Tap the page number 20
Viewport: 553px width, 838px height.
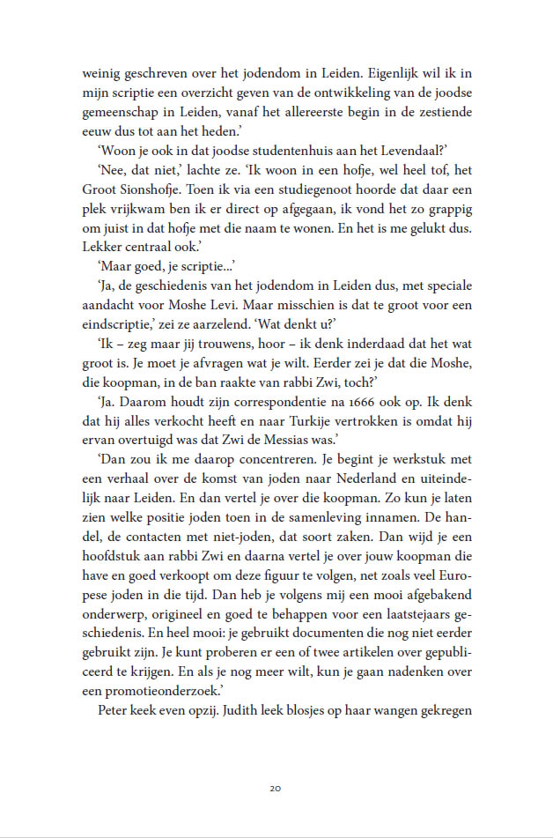point(276,788)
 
